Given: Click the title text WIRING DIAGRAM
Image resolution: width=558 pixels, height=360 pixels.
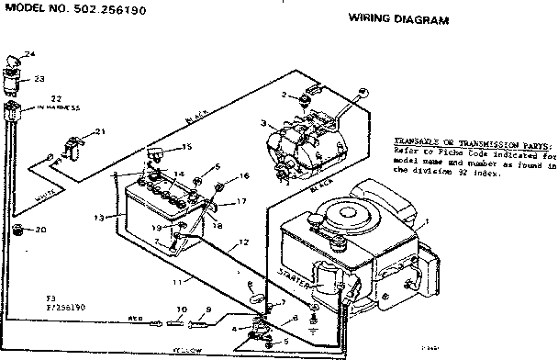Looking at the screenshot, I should pyautogui.click(x=398, y=18).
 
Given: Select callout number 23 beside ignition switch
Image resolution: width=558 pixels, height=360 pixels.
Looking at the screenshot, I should pyautogui.click(x=39, y=79).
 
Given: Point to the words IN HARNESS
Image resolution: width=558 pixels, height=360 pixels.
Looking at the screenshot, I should pyautogui.click(x=60, y=108).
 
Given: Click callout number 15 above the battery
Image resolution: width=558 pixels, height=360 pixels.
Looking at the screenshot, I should pyautogui.click(x=187, y=147).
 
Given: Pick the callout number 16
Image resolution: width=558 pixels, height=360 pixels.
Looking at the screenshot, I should pyautogui.click(x=244, y=175).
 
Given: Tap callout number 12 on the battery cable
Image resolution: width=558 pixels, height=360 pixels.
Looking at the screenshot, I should pyautogui.click(x=243, y=243).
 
